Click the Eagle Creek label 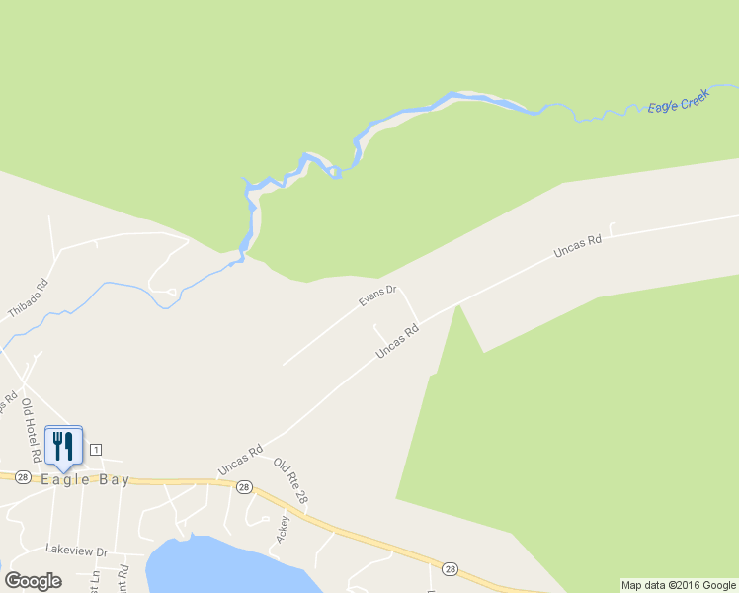pyautogui.click(x=679, y=103)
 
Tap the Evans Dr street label pyautogui.click(x=376, y=295)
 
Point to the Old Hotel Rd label pyautogui.click(x=32, y=429)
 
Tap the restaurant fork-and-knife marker pyautogui.click(x=63, y=445)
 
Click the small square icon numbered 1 pyautogui.click(x=95, y=450)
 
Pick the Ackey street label pyautogui.click(x=285, y=529)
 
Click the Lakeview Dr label pyautogui.click(x=76, y=550)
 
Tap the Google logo pyautogui.click(x=33, y=581)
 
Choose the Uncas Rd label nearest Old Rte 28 pyautogui.click(x=240, y=460)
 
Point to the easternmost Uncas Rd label pyautogui.click(x=578, y=246)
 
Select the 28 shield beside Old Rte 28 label pyautogui.click(x=244, y=487)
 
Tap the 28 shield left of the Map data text pyautogui.click(x=451, y=568)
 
